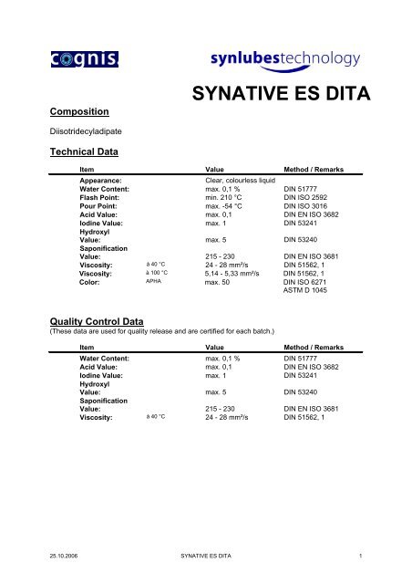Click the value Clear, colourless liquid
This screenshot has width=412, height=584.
point(241,182)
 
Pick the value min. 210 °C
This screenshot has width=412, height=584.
point(229,201)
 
